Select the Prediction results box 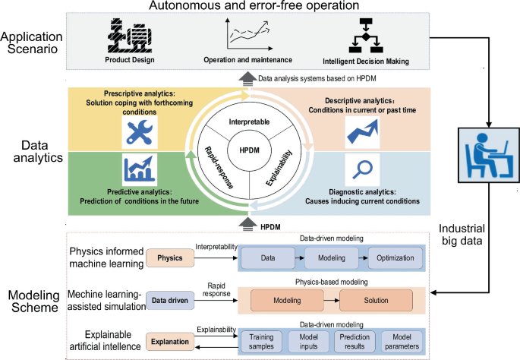click(x=355, y=341)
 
